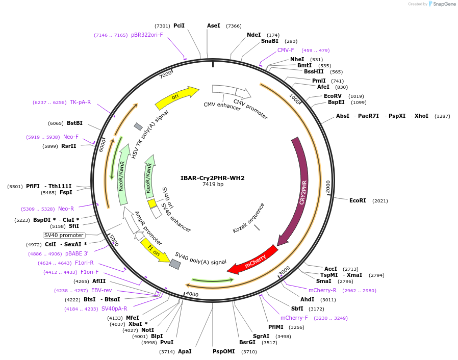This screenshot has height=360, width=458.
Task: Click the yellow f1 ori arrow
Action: pos(154,250)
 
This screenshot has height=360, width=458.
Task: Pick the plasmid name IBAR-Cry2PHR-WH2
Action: pos(213,178)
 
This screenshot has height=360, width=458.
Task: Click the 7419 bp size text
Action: pos(213,185)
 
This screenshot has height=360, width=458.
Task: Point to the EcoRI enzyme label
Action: pos(358,201)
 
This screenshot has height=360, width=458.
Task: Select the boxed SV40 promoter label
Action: pos(64,235)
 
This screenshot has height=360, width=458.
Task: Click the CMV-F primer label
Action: pos(286,50)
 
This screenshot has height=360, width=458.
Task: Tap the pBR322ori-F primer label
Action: pos(147,35)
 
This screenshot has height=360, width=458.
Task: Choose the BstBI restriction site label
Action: pos(74,123)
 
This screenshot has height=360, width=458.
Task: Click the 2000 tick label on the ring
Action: pos(327,187)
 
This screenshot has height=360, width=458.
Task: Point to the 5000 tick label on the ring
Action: pos(113,240)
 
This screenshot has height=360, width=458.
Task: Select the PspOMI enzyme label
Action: pos(224,351)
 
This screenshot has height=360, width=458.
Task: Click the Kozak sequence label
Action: pos(249,218)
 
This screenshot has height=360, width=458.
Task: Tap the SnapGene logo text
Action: pos(445,4)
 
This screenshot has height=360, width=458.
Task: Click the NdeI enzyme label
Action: pos(253,35)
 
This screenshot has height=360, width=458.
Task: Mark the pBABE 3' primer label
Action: pos(77,253)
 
